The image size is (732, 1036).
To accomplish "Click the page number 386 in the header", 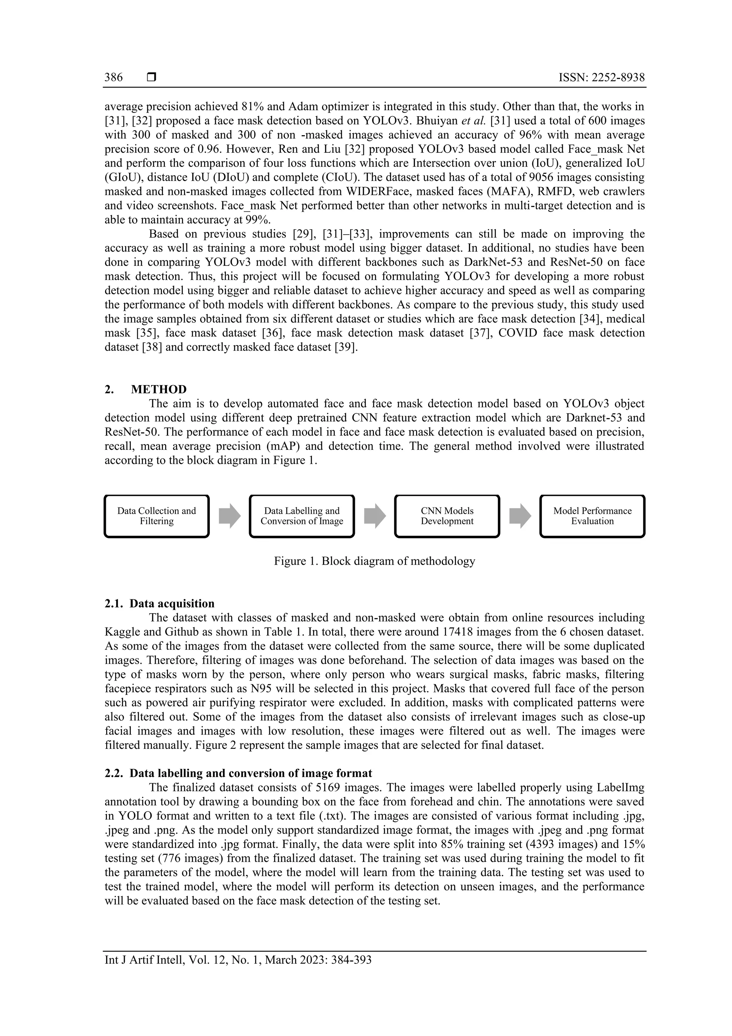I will click(x=114, y=78).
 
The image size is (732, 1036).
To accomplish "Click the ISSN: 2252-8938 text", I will click(x=602, y=78).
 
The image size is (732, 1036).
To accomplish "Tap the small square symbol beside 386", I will click(x=152, y=78).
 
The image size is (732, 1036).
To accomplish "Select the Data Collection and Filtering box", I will click(x=157, y=516).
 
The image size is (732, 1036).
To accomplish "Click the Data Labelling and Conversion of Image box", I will click(x=302, y=516).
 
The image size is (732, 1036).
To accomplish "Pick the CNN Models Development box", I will click(x=447, y=516).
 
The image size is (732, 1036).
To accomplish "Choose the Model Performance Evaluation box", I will click(x=592, y=516).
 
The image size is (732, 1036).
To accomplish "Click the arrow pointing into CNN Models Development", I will click(x=375, y=516).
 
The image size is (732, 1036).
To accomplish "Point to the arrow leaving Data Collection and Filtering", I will click(x=229, y=516).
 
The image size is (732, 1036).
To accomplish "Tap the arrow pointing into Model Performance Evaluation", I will click(x=520, y=516).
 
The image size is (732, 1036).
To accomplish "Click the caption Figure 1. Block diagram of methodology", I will click(x=374, y=561).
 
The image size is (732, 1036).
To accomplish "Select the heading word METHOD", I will click(x=159, y=389).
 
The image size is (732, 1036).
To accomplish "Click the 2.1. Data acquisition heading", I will click(x=160, y=604).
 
